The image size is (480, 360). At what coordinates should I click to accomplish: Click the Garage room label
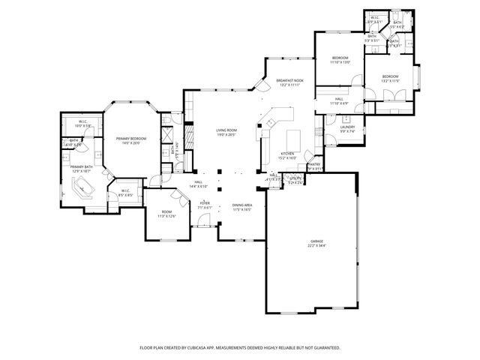[x=317, y=242]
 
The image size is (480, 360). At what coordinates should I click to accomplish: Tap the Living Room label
[x=226, y=133]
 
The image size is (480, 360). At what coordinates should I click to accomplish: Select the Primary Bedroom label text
[x=130, y=140]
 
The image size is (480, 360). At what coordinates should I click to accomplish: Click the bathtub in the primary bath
[x=88, y=188]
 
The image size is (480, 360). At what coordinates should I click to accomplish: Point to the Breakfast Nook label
[x=289, y=82]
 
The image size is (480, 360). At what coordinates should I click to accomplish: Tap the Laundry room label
[x=347, y=129]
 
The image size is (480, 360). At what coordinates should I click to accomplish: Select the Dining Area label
[x=241, y=207]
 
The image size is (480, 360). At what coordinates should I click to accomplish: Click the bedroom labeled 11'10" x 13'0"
[x=340, y=60]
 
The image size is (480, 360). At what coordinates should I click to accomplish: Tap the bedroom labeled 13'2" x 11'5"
[x=391, y=79]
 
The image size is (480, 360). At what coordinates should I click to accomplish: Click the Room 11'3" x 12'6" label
[x=166, y=214]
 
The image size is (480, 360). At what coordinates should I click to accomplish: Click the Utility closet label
[x=295, y=180]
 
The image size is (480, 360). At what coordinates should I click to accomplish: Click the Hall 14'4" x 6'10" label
[x=198, y=184]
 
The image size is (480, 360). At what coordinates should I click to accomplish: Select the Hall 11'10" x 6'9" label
[x=339, y=100]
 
